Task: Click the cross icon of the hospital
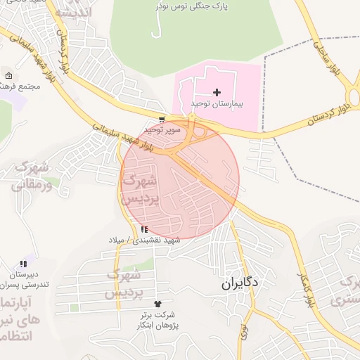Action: pos(217,92)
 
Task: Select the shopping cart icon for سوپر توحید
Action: pos(162,120)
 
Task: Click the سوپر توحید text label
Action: pos(163,130)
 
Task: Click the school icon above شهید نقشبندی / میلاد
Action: pos(145,229)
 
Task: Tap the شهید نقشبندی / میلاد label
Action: pos(144,240)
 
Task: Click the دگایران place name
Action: pos(240,283)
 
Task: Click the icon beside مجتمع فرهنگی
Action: pos(8,75)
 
